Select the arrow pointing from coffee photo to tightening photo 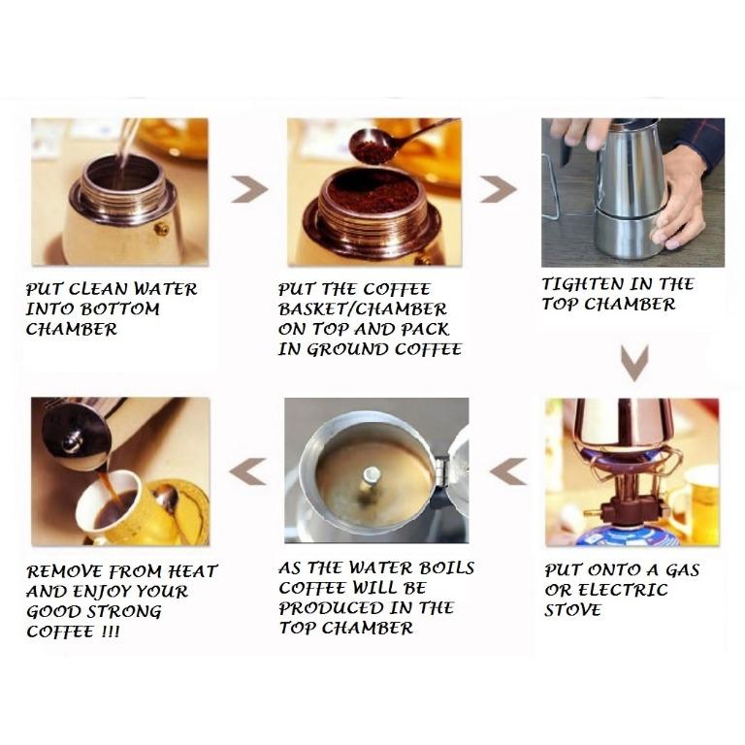pyautogui.click(x=498, y=189)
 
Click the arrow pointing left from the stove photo pyautogui.click(x=508, y=471)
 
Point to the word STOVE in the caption pyautogui.click(x=572, y=610)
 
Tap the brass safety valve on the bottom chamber pyautogui.click(x=161, y=229)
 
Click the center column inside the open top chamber pyautogui.click(x=371, y=480)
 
